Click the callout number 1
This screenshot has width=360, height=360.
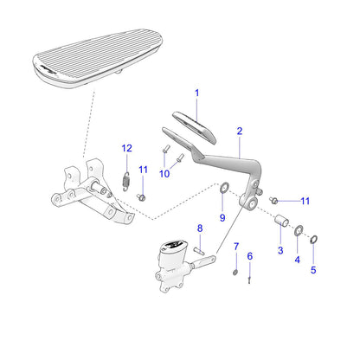pos(196,93)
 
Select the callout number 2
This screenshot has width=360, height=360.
pos(240,131)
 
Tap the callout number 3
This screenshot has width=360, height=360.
pos(280,250)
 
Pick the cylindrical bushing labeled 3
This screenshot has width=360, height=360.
pos(280,228)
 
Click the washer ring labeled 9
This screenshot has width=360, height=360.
pos(223,190)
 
